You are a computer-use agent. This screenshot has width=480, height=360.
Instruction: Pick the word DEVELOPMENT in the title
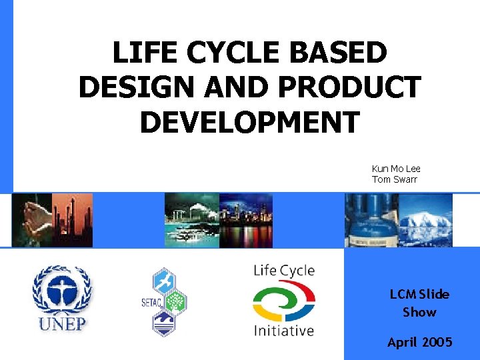(x=249, y=123)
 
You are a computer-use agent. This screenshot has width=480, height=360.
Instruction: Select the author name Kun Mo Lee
(x=396, y=169)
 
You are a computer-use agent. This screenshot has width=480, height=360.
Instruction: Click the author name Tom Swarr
(x=394, y=179)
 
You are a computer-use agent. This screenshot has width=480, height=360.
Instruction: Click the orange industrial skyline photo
(x=73, y=220)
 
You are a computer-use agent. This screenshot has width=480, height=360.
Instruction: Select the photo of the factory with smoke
(x=191, y=220)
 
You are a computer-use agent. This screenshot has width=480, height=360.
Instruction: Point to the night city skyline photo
(x=245, y=220)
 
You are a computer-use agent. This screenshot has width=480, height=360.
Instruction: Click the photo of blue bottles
(x=371, y=220)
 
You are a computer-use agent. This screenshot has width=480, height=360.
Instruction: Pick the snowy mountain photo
(x=425, y=220)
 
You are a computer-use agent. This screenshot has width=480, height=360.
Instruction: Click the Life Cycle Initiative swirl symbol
(x=283, y=301)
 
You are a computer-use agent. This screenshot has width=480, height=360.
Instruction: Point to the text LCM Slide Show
(x=419, y=303)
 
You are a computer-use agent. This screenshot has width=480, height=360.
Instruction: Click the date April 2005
(x=419, y=342)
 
